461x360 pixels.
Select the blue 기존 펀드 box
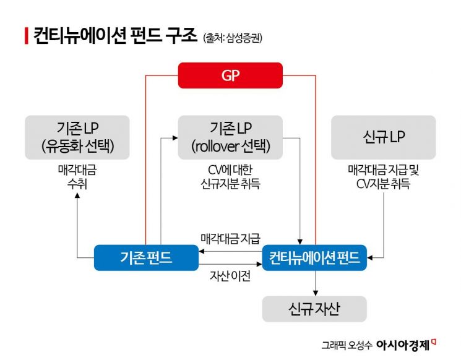point(146,257)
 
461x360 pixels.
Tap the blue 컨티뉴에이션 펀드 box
point(315,257)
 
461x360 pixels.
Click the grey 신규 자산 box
point(314,308)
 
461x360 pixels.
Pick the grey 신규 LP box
point(383,137)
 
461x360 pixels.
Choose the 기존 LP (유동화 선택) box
point(77,137)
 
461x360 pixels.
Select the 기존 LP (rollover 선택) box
point(230,137)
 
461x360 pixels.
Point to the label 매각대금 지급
point(230,238)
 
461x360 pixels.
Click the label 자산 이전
point(230,276)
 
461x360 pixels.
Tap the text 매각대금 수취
point(77,176)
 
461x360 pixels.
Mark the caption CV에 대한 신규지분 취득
point(230,176)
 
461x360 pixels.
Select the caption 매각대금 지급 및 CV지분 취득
point(383,176)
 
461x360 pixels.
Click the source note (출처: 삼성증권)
point(232,38)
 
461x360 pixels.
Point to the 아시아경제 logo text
point(403,345)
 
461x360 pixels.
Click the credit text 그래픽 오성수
point(347,345)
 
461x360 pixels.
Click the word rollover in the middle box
point(217,147)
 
